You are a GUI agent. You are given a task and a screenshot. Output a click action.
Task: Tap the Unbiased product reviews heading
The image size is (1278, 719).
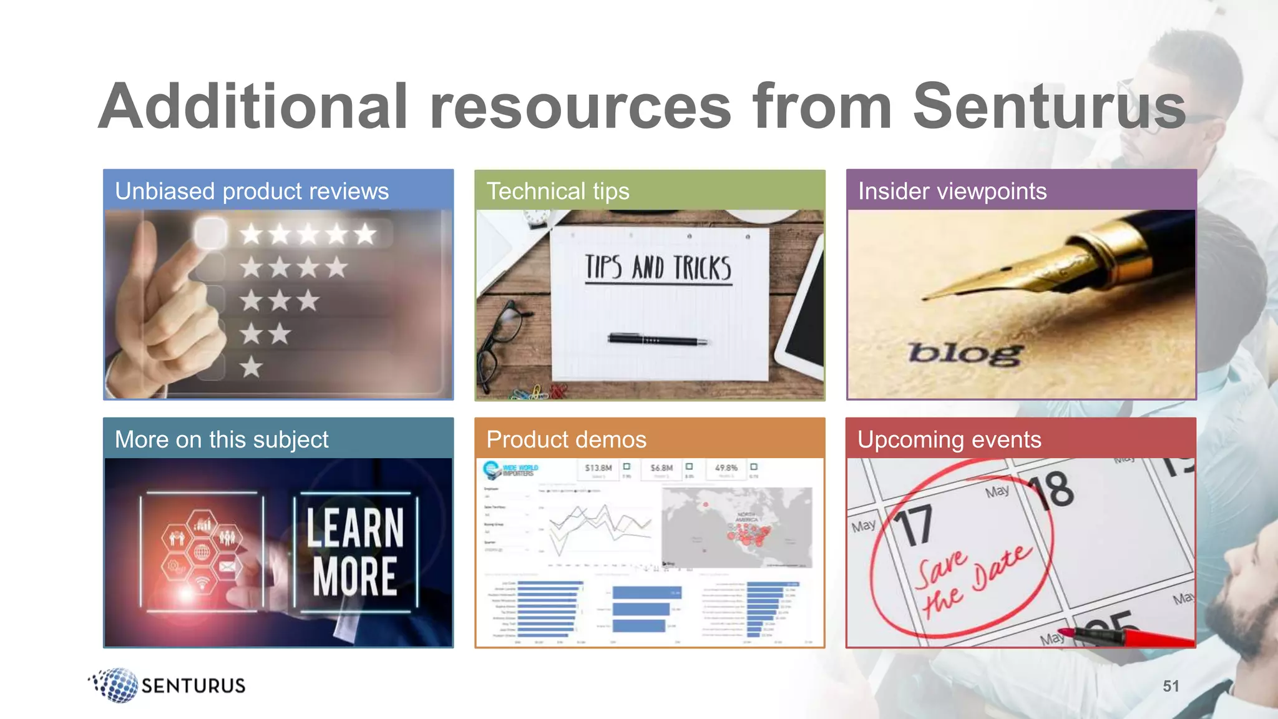(251, 191)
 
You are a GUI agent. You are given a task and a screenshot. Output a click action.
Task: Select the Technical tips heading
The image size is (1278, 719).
(558, 191)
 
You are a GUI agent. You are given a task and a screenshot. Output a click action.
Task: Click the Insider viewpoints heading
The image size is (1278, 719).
(952, 191)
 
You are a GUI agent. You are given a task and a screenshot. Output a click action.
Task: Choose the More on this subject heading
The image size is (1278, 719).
(222, 439)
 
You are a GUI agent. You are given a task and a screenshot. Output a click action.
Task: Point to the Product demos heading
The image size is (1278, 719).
(566, 439)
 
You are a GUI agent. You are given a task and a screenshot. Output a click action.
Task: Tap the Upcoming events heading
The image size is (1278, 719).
(949, 439)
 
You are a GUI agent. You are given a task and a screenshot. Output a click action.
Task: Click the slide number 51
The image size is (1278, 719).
(1171, 686)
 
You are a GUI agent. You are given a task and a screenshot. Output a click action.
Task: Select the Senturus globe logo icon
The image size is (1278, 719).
(114, 685)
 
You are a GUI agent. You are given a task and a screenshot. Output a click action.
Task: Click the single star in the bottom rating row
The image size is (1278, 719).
(251, 367)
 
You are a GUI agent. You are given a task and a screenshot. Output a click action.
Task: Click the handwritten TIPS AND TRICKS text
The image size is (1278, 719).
(658, 268)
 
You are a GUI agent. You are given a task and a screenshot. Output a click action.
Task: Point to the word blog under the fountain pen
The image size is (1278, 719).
(965, 353)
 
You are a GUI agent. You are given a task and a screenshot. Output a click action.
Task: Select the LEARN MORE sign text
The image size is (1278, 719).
(355, 552)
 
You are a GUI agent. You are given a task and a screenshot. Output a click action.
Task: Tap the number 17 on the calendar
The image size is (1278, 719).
(914, 526)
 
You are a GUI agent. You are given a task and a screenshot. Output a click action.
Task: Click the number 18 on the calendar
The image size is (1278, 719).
(1051, 490)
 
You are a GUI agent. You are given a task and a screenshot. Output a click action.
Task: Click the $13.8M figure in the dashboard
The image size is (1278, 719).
(598, 467)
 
